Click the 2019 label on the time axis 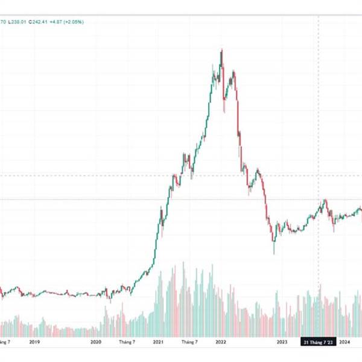pos(34,342)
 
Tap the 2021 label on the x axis pos(159,342)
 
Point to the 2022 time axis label pos(221,342)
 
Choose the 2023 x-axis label pos(282,342)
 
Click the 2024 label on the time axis pos(345,342)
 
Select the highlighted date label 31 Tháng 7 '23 pos(318,342)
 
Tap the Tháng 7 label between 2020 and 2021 pos(127,342)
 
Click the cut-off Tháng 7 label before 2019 pos(5,342)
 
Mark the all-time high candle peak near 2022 pos(221,49)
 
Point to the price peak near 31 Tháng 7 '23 pos(324,200)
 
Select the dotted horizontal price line pos(121,176)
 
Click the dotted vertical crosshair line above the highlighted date pos(319,121)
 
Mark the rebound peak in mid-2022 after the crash pos(258,170)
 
